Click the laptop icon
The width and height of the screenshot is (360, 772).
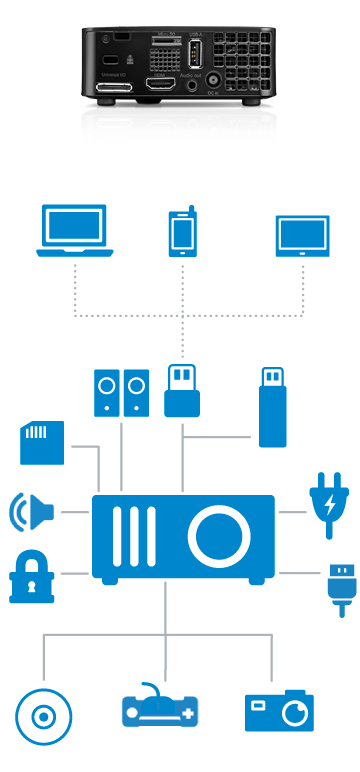click(71, 232)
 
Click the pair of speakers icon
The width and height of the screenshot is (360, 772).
click(120, 393)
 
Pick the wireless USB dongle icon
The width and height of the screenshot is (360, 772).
click(182, 392)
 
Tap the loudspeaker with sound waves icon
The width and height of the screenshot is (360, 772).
click(31, 511)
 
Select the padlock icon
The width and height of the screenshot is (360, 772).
click(31, 577)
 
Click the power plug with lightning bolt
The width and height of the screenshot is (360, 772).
click(328, 506)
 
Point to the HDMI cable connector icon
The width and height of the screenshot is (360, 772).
click(337, 589)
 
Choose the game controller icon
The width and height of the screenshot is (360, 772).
click(160, 709)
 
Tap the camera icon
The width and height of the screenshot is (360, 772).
click(279, 711)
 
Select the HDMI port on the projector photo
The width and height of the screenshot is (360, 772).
click(161, 87)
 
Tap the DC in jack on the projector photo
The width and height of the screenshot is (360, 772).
click(213, 88)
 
